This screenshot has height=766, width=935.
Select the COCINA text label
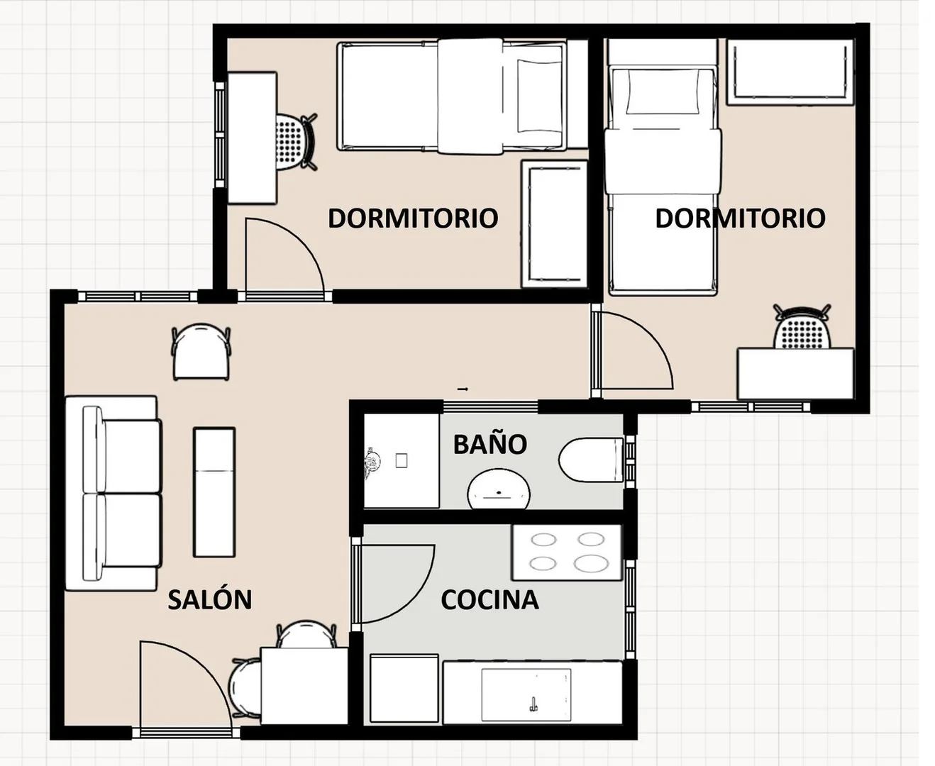point(489,600)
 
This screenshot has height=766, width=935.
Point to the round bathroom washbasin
point(499,489)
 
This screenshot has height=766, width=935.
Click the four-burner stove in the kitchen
point(568,553)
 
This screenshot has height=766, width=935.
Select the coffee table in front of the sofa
point(214,492)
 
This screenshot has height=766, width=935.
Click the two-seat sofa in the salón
point(113,493)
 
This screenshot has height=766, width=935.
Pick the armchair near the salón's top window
point(201,351)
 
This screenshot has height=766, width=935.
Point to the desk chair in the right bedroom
point(802,327)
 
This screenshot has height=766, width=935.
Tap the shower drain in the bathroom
point(402,460)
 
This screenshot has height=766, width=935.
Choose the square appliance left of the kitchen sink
point(404,689)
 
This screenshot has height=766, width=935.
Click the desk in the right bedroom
point(796,373)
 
